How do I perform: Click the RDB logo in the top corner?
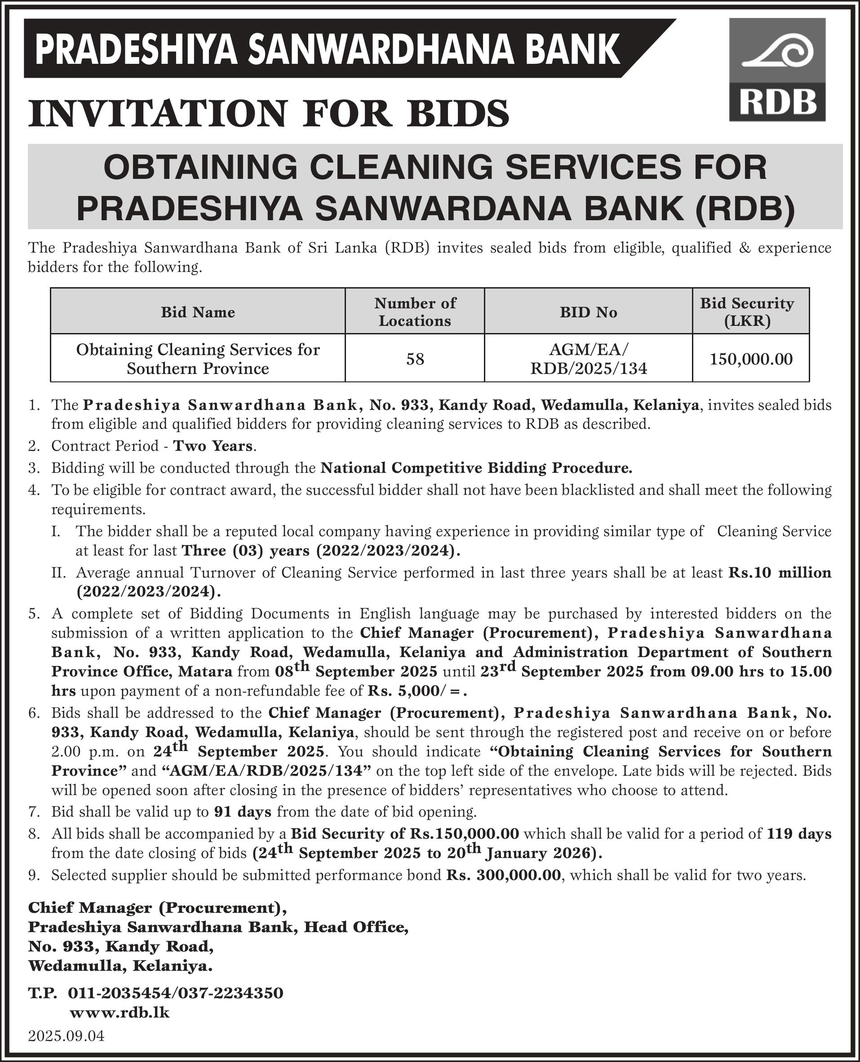777,70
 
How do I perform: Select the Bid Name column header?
198,312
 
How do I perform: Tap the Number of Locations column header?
415,312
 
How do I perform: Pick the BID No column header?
588,312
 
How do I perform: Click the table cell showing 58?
415,359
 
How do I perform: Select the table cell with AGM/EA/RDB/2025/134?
588,359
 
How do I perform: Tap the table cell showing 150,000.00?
750,359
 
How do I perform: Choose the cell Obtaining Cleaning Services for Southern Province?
198,359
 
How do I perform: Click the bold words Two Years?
213,446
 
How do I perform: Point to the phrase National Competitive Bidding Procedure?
476,468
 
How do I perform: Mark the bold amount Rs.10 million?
779,573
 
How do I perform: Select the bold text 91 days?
243,812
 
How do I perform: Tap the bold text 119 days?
799,834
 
